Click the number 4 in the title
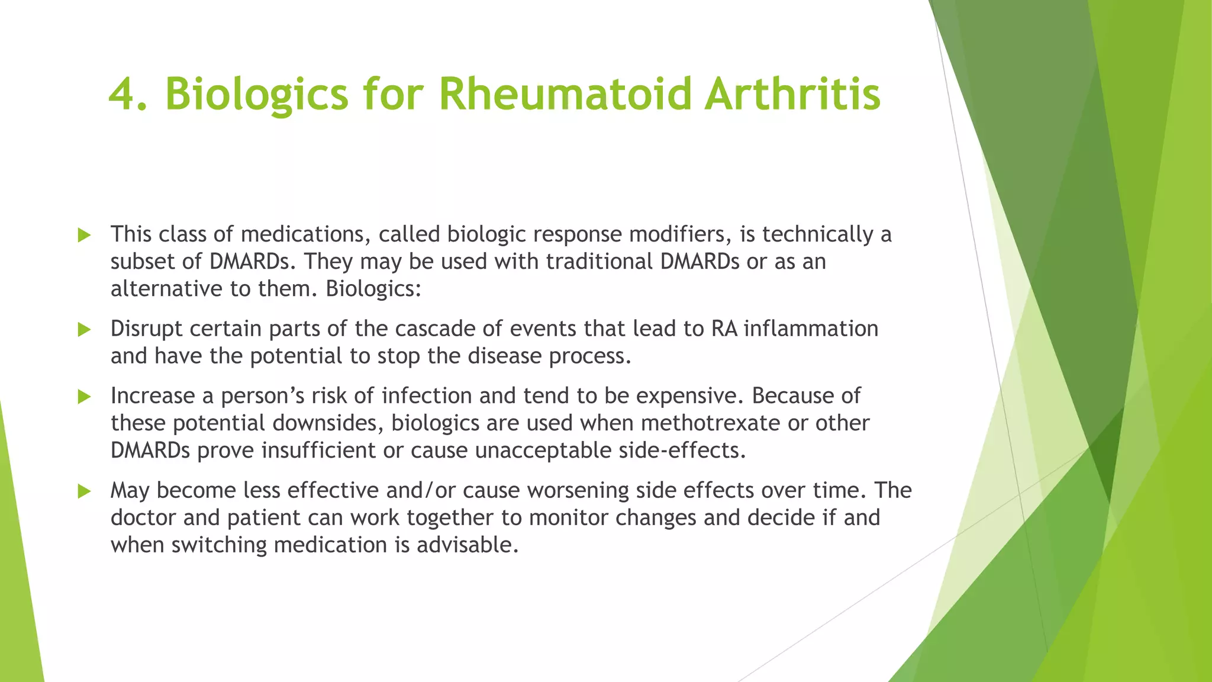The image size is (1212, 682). point(123,95)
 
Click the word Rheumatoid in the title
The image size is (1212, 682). point(565,95)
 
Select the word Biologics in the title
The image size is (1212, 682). point(256,95)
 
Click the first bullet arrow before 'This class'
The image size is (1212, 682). point(84,236)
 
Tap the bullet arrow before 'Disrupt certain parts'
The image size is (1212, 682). point(84,330)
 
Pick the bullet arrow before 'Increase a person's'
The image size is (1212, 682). point(84,397)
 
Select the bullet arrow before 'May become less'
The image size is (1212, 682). point(84,491)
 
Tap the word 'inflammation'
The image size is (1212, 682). point(811,329)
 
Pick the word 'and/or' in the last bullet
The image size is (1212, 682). point(421,490)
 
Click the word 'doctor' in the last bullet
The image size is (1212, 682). point(144,517)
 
